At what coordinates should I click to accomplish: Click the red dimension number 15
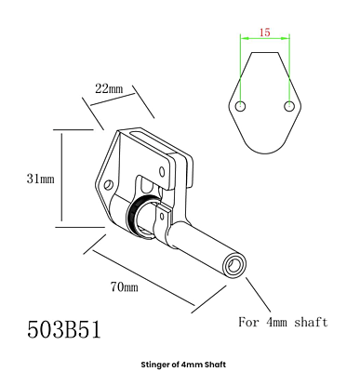(265, 32)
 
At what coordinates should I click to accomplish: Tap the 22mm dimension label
(109, 89)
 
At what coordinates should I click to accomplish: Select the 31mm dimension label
(40, 179)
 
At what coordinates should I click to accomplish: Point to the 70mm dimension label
(124, 286)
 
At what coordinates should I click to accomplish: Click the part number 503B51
(64, 329)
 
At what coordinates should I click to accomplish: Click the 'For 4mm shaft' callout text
(283, 322)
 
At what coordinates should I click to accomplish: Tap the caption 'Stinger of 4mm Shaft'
(183, 365)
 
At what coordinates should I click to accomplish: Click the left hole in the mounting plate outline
(241, 106)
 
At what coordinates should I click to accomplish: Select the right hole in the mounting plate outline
(289, 106)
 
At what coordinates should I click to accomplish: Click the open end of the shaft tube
(235, 266)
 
